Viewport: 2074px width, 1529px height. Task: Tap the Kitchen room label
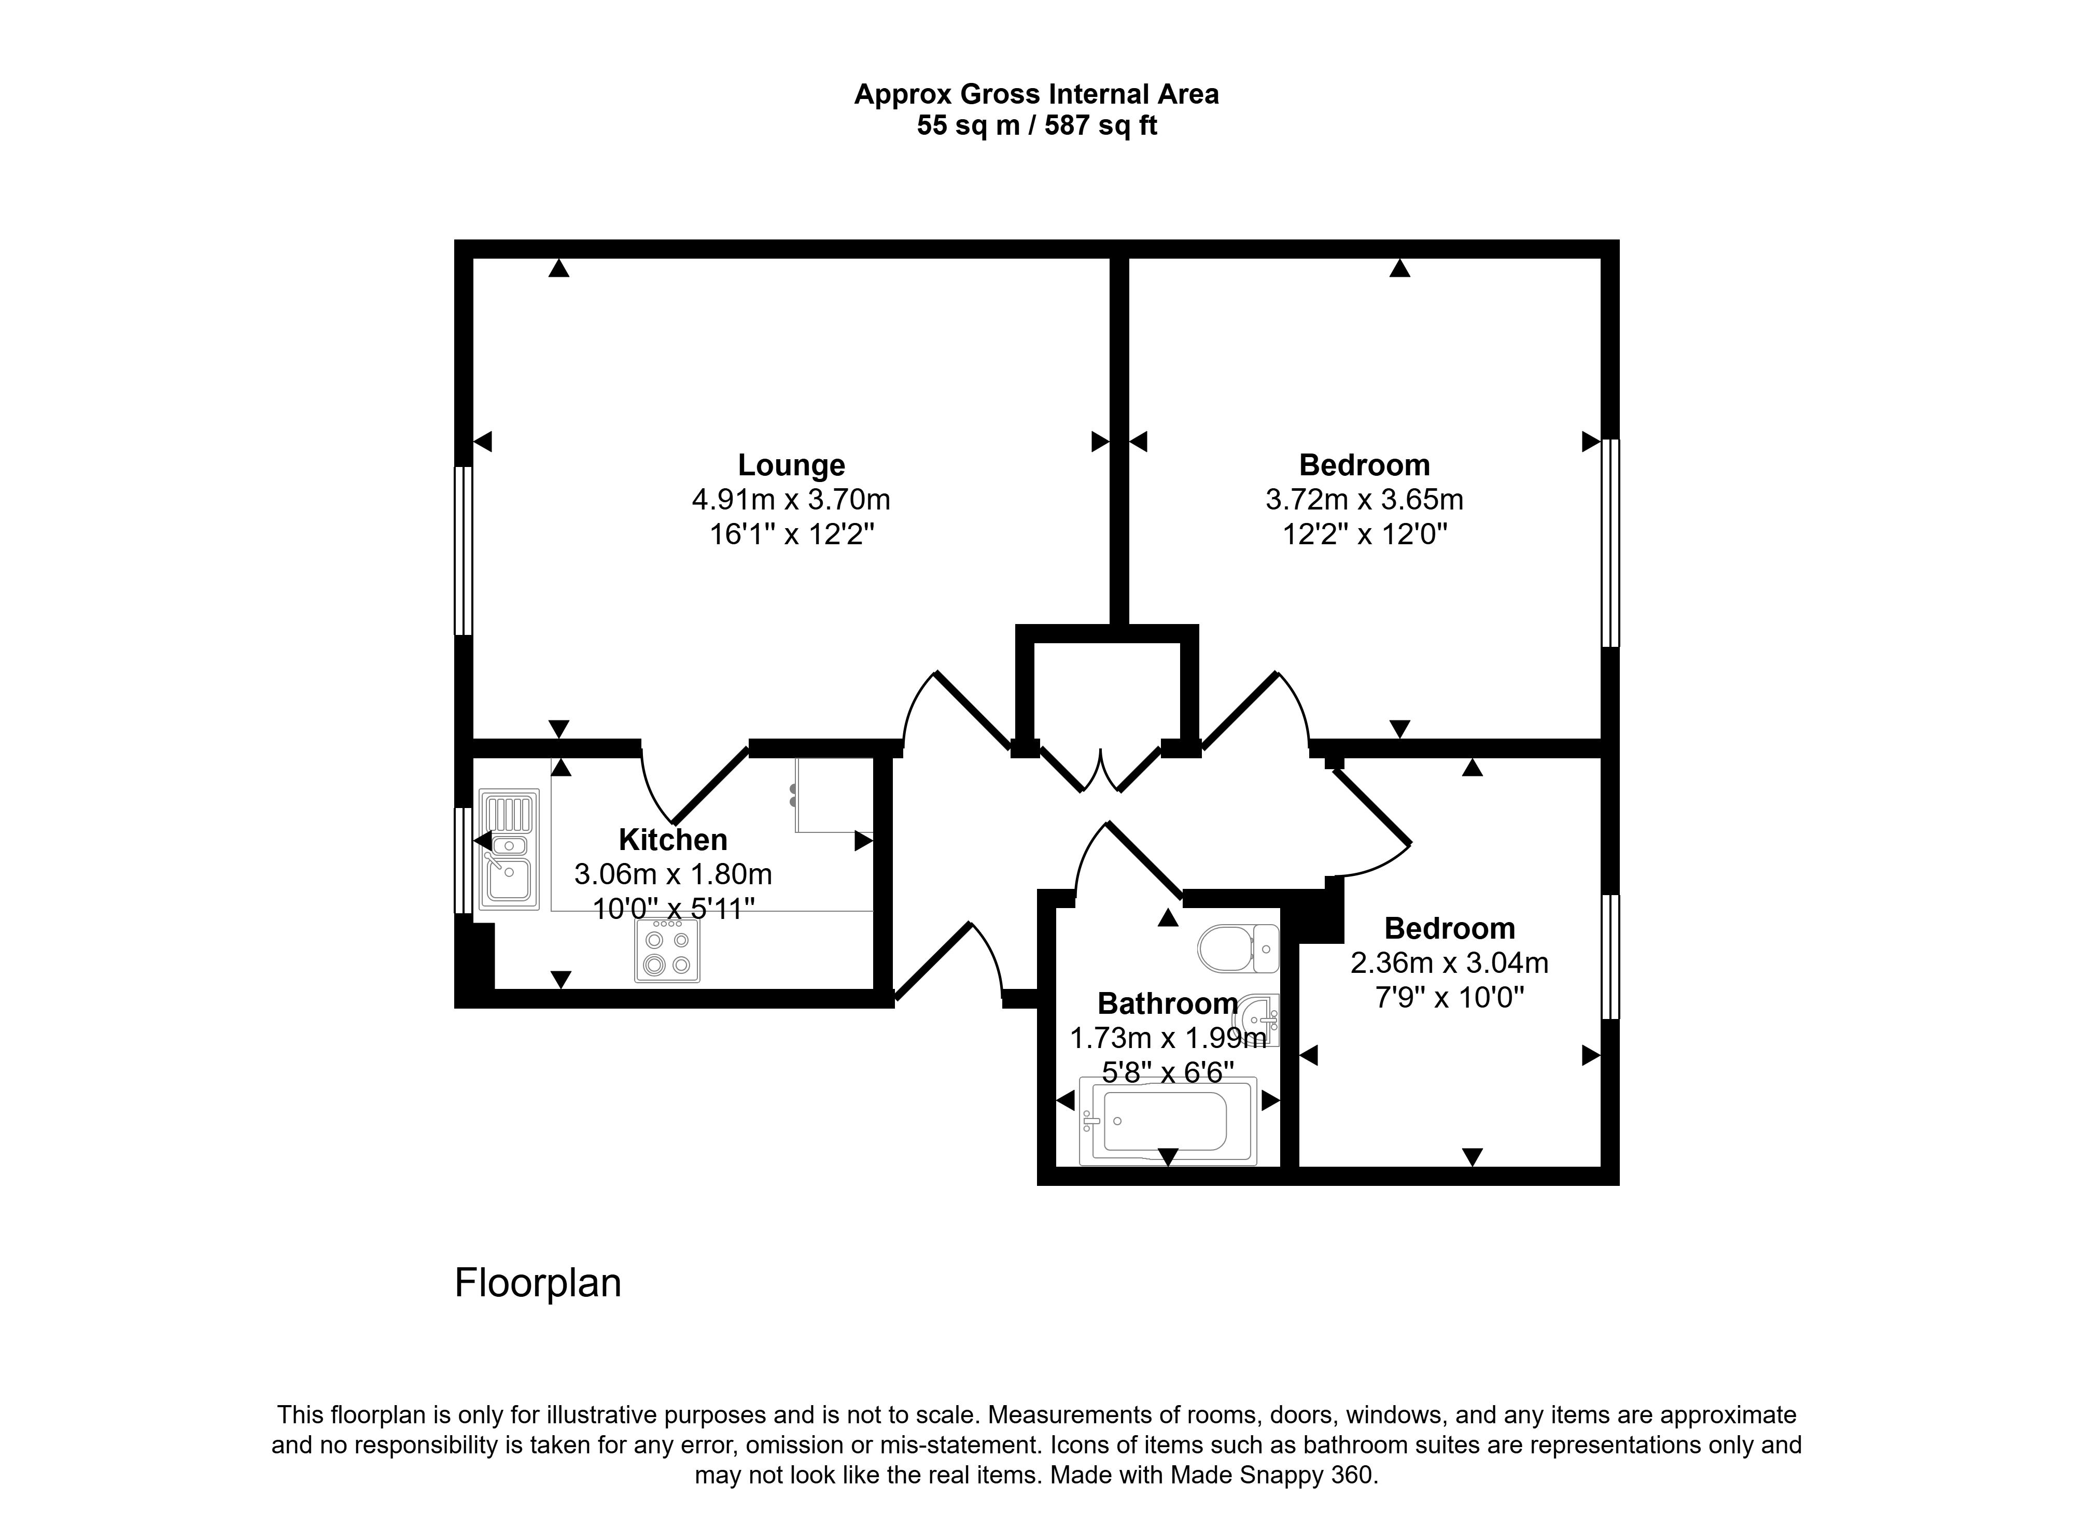[673, 840]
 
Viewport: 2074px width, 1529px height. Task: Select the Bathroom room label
[1168, 1003]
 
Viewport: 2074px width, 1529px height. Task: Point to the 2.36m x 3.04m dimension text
[1449, 964]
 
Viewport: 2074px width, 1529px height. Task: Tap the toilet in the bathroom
[1239, 948]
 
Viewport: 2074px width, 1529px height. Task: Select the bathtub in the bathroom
[1169, 1121]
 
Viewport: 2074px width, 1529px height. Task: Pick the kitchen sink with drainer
[508, 849]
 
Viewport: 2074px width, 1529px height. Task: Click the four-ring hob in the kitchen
[668, 951]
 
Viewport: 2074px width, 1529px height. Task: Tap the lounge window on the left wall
[463, 550]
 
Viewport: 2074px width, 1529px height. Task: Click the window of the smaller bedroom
[1611, 957]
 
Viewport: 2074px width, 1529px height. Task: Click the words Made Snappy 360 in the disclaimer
[1271, 1475]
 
